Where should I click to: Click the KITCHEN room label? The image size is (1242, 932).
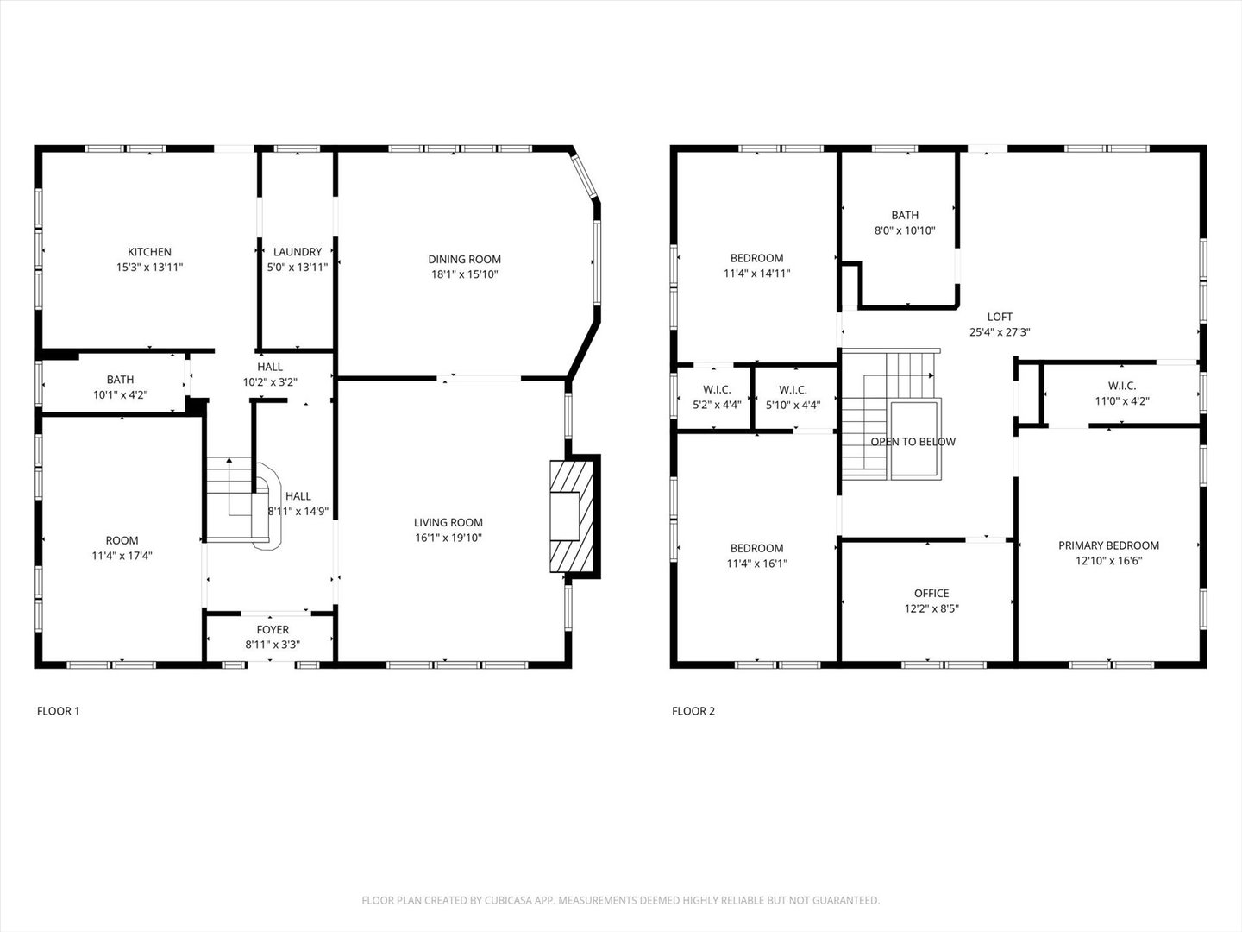(x=149, y=252)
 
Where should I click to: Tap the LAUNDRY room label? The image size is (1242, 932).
(x=298, y=252)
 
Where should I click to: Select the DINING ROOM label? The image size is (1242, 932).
(x=464, y=259)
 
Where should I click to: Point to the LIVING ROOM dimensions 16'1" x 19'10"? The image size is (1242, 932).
(x=448, y=538)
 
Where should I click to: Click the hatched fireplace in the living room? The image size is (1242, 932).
(x=570, y=515)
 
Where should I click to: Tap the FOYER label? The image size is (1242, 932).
(x=273, y=630)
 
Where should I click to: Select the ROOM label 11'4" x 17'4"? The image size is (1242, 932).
(x=122, y=540)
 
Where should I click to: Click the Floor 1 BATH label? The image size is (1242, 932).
(x=120, y=380)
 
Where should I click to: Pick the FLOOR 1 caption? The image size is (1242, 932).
(x=58, y=711)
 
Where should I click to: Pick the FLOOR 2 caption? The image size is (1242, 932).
(x=693, y=711)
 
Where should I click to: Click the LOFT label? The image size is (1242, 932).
(x=1000, y=317)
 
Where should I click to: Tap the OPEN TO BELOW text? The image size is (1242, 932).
(x=913, y=442)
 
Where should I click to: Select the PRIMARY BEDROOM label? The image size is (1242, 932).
(x=1108, y=545)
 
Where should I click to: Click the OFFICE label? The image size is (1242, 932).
(x=931, y=593)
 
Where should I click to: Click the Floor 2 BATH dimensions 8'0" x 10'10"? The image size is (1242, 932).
(x=905, y=230)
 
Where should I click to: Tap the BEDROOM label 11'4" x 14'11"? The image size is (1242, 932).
(x=756, y=258)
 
